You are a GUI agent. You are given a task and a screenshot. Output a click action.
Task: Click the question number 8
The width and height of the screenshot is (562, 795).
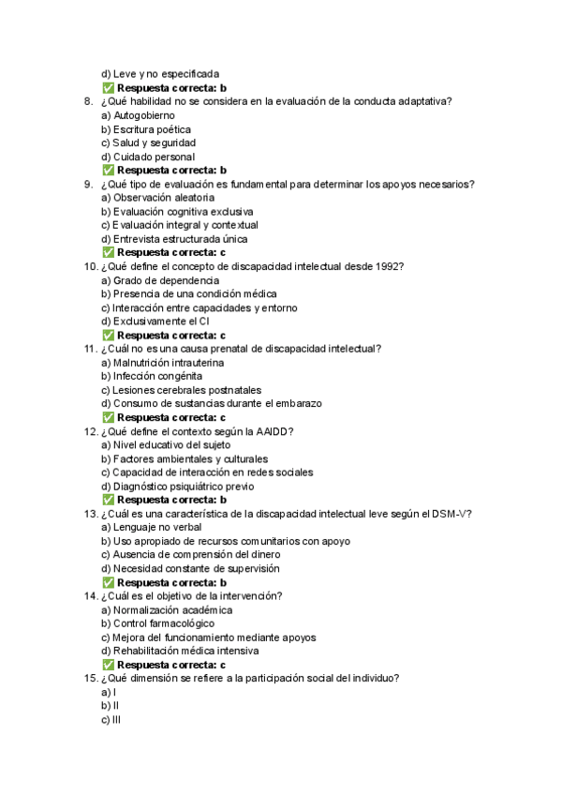[x=87, y=101]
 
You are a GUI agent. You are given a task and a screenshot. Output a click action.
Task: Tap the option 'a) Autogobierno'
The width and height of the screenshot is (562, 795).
[x=140, y=115]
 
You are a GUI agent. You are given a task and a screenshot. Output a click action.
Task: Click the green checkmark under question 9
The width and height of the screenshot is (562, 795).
[x=108, y=253]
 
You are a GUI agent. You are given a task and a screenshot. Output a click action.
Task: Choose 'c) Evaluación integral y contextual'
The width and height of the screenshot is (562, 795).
[x=179, y=225]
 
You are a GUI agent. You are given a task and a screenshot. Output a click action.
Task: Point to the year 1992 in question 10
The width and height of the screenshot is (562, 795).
[x=384, y=266]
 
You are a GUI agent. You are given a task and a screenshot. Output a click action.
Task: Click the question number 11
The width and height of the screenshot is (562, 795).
[x=90, y=349]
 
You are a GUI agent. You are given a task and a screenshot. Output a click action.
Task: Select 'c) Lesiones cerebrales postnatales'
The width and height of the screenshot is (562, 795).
[x=181, y=390]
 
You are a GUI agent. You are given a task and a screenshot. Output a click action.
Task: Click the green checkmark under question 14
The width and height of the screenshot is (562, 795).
[x=108, y=665]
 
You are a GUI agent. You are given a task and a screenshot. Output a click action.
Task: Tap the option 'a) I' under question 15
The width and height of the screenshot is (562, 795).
[x=108, y=692]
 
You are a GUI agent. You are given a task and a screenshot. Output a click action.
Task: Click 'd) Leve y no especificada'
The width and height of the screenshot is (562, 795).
[x=160, y=74]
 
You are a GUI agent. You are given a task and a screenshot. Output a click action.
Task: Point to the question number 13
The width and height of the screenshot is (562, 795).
[x=90, y=514]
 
